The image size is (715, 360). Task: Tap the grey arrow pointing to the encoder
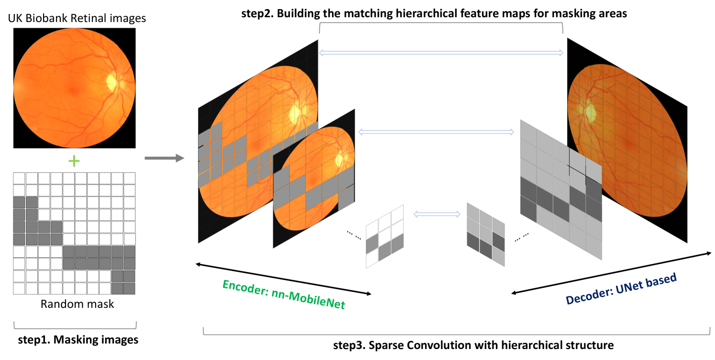(x=164, y=158)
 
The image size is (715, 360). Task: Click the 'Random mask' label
(x=77, y=304)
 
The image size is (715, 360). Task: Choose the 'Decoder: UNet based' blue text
(x=621, y=289)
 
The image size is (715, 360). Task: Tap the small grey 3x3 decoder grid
(x=485, y=233)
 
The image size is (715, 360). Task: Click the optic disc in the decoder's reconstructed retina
(x=590, y=113)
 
